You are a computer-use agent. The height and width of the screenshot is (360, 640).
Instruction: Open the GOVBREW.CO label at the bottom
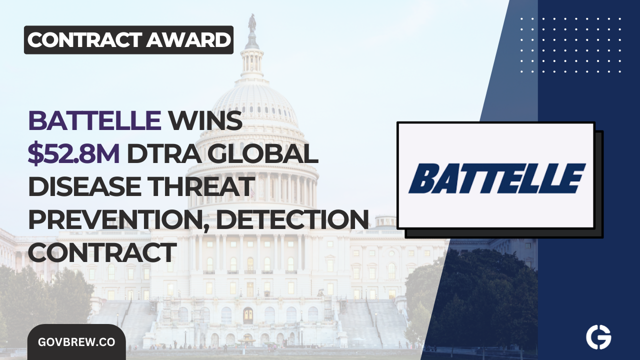point(76,342)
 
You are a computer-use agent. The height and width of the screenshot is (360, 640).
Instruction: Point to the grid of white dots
point(570,45)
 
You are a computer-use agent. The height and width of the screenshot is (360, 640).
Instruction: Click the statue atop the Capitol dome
point(251,22)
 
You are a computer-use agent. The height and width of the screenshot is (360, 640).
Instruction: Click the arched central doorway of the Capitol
point(248,315)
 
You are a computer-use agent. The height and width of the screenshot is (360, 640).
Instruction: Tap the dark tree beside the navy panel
point(480,300)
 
